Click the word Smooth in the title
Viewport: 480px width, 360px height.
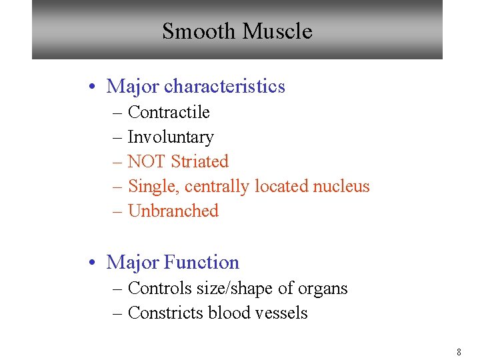(x=199, y=31)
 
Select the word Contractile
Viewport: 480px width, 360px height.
(x=168, y=112)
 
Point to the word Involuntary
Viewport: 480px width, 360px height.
(x=170, y=137)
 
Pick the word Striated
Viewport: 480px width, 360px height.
(x=199, y=162)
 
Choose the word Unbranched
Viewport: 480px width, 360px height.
(x=173, y=211)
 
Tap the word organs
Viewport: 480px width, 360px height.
(x=323, y=289)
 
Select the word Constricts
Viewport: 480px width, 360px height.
(x=163, y=313)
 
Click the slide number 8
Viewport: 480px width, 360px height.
(x=459, y=351)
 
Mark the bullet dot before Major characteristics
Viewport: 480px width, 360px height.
(x=97, y=87)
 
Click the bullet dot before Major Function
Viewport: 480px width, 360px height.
(x=97, y=263)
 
